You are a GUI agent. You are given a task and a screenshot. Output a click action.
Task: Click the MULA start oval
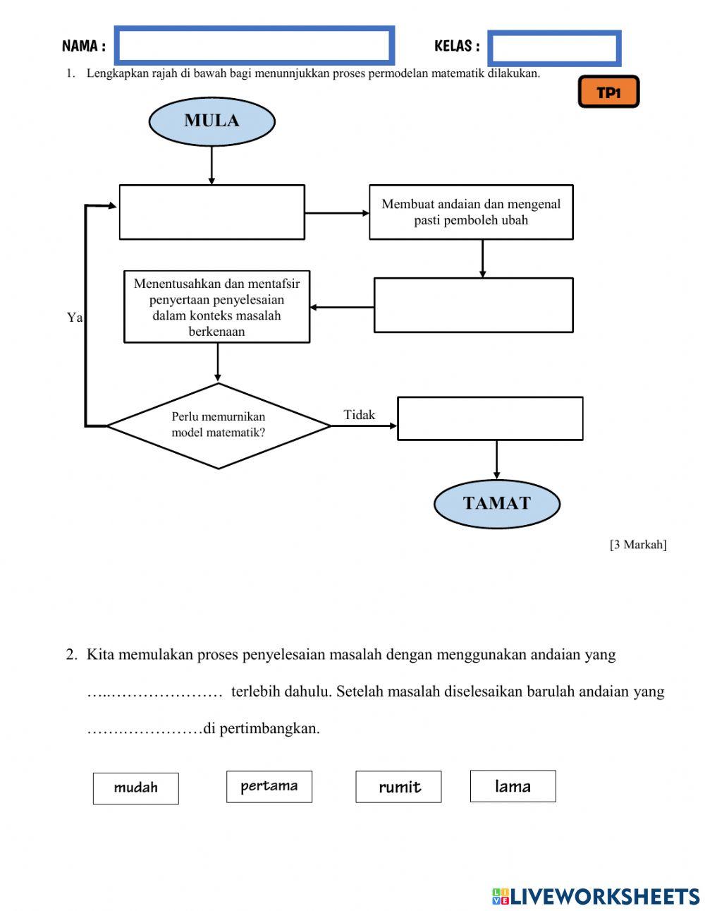click(x=211, y=121)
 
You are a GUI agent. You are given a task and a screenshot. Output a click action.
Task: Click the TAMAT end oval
click(x=496, y=504)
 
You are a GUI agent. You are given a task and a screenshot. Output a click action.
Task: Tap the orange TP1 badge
click(x=608, y=92)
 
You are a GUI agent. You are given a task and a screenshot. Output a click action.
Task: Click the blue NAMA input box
click(x=254, y=46)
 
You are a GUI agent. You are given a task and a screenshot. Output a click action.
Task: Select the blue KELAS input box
click(x=554, y=48)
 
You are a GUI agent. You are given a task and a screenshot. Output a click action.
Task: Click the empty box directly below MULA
click(x=211, y=212)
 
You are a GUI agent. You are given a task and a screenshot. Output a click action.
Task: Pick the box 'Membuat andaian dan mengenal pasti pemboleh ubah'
click(x=471, y=212)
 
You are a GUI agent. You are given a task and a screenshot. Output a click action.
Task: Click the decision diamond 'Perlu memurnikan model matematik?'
click(x=219, y=426)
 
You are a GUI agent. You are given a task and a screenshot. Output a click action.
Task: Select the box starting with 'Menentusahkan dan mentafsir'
click(x=216, y=307)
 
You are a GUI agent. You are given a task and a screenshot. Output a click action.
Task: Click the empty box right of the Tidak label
click(x=490, y=418)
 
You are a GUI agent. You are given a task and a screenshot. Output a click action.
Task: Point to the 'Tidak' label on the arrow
click(x=360, y=415)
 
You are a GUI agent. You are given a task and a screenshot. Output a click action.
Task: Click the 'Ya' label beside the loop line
click(x=75, y=318)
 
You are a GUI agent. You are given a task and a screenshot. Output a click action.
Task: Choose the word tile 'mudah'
click(x=135, y=788)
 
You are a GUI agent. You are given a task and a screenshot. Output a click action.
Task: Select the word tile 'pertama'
click(x=269, y=786)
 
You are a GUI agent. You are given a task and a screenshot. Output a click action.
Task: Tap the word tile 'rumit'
click(x=398, y=787)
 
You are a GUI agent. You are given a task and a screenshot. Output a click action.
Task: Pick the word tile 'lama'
click(x=513, y=786)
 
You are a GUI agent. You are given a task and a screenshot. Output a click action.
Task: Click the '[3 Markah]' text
click(x=637, y=544)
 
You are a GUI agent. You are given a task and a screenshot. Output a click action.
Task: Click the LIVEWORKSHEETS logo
click(x=596, y=896)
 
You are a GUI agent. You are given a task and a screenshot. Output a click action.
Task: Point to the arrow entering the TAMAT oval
click(x=496, y=460)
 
